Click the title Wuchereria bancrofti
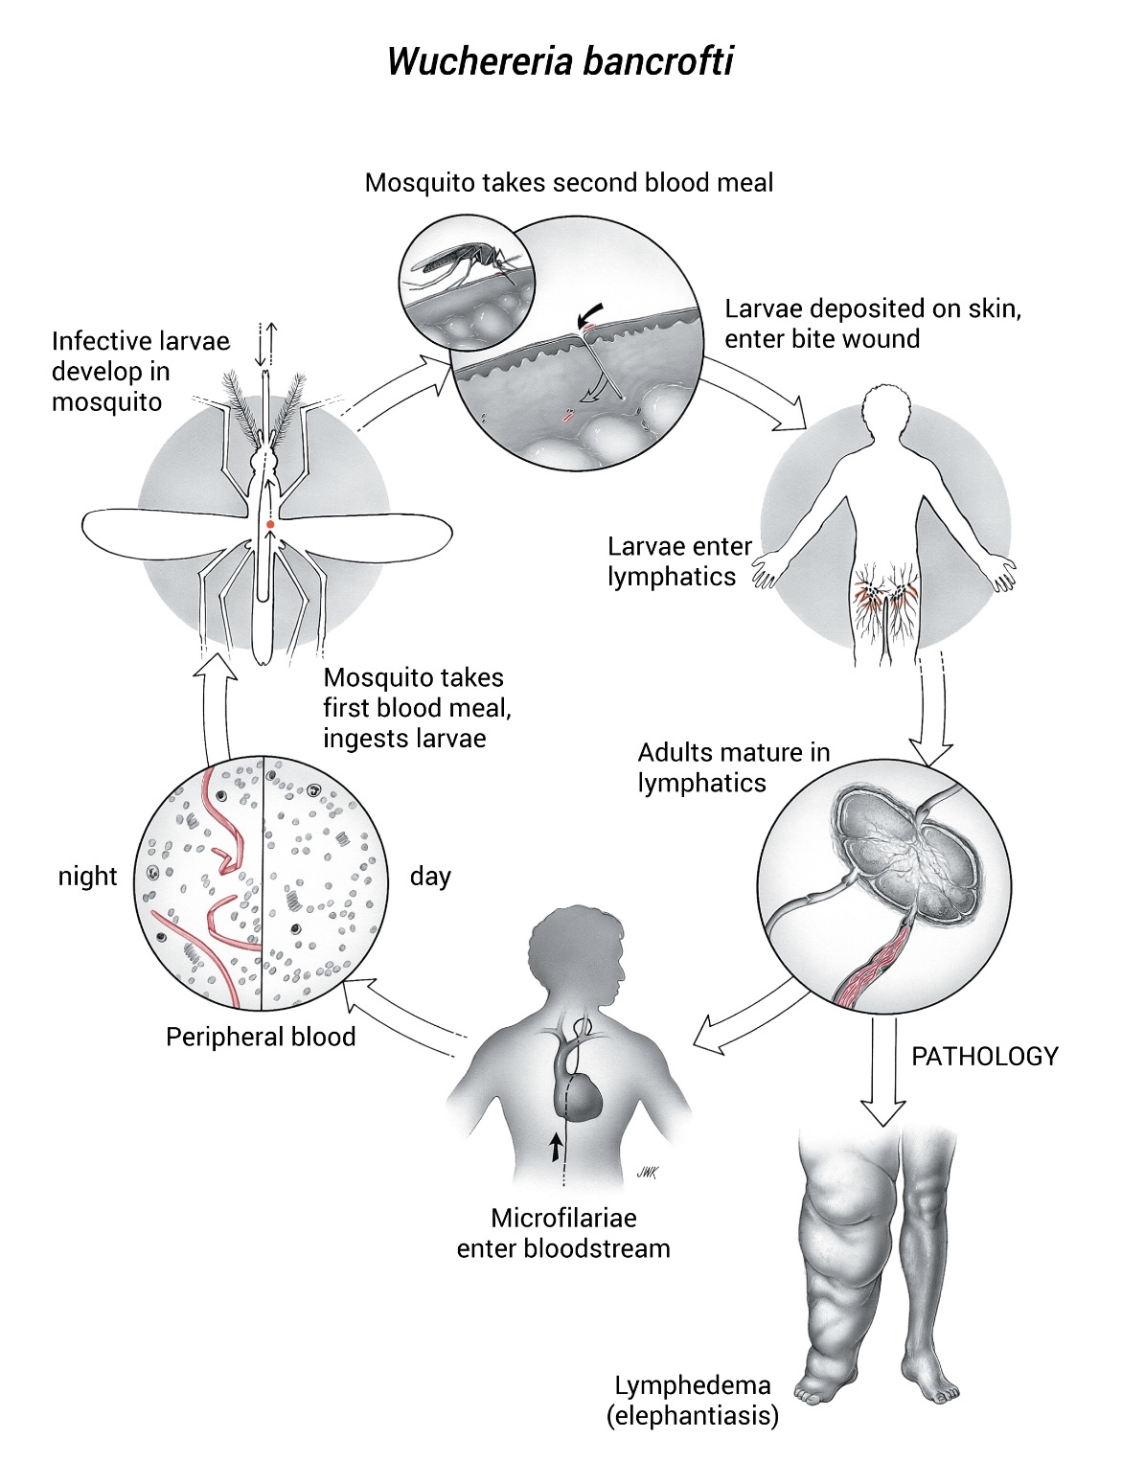561,62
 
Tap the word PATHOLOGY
985,1056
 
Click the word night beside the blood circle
88,877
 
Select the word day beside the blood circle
430,877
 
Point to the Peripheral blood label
261,1038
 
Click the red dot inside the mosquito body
270,525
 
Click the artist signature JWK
646,1173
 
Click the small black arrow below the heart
555,1148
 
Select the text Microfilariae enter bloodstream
563,1233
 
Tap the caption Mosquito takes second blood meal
569,183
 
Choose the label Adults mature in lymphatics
733,767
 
